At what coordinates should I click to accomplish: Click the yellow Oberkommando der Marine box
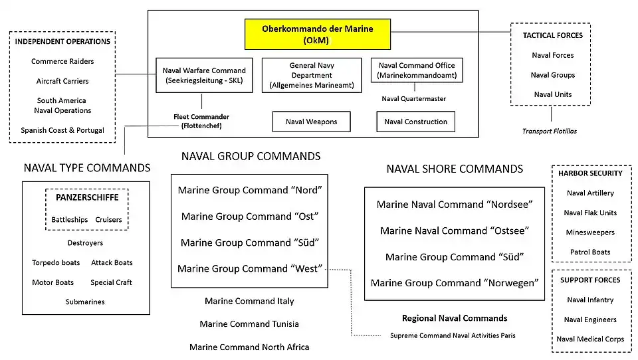click(318, 35)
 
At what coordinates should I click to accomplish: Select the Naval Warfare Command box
click(204, 76)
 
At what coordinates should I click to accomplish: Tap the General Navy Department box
click(312, 76)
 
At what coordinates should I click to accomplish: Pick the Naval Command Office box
click(417, 70)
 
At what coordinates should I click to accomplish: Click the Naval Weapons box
click(311, 122)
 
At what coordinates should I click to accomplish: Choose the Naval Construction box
click(416, 122)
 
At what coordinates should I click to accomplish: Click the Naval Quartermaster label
click(414, 99)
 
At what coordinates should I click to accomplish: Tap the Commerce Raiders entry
click(62, 61)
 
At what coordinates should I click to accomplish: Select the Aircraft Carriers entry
click(62, 81)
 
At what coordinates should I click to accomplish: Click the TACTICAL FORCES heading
click(552, 35)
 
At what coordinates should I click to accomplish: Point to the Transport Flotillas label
click(549, 131)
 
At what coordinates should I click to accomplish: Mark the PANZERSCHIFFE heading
click(86, 197)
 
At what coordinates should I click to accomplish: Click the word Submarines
click(85, 302)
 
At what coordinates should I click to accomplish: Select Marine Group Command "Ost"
click(250, 217)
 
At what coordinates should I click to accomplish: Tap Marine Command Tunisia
click(249, 324)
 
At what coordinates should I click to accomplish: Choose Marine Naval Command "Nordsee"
click(455, 205)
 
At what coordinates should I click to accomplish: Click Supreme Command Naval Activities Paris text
click(453, 335)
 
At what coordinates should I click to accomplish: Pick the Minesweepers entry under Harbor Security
click(590, 232)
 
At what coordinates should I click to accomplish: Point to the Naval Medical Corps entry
click(590, 339)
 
